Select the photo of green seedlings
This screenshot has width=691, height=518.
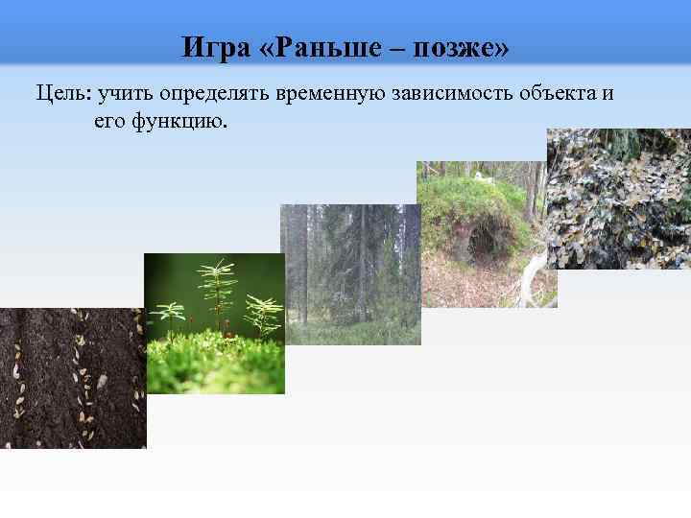(214, 323)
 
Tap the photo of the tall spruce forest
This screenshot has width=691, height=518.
(349, 273)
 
